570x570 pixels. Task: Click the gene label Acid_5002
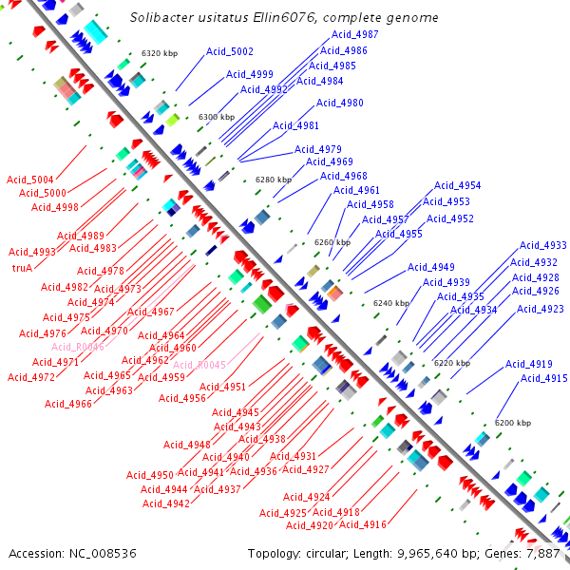[x=229, y=51]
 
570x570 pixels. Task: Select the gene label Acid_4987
[x=355, y=34]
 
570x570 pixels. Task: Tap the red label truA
[x=22, y=268]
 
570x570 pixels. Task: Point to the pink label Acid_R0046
[x=78, y=347]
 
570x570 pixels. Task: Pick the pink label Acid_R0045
[x=199, y=365]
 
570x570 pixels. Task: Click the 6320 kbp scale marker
[x=161, y=53]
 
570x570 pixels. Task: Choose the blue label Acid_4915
[x=544, y=379]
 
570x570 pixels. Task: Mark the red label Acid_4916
[x=363, y=524]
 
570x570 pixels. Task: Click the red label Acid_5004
[x=30, y=179]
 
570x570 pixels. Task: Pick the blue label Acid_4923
[x=541, y=309]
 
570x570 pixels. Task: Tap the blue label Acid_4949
[x=431, y=267]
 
